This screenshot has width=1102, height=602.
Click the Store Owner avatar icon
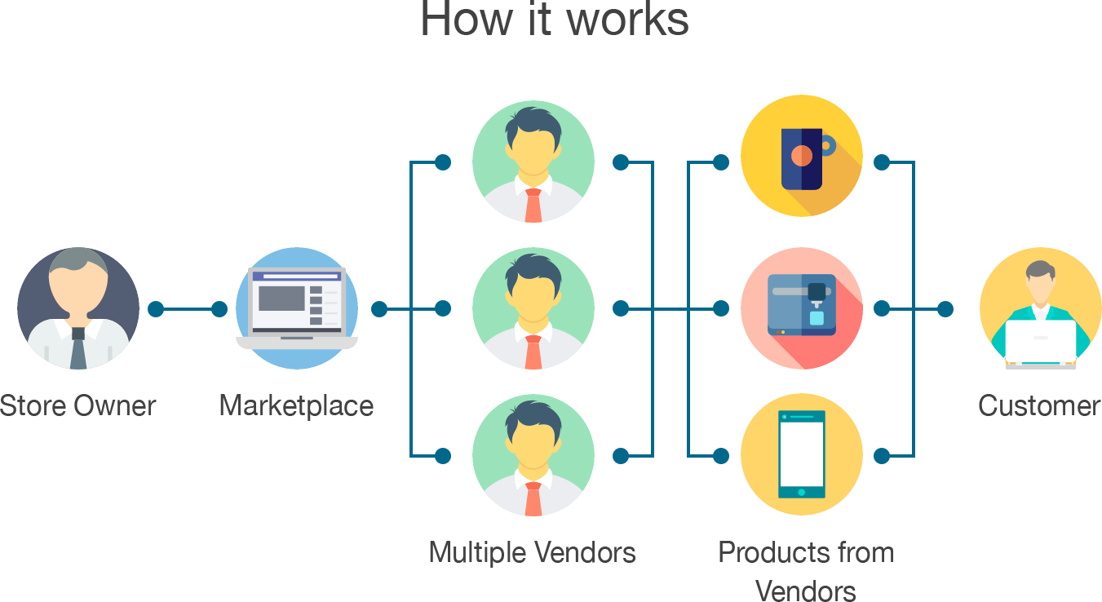tap(78, 308)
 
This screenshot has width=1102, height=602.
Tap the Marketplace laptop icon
tap(297, 308)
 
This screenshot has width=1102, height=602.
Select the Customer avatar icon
tap(1040, 308)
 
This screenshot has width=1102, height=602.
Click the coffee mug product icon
tap(802, 156)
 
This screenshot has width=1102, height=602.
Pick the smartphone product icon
tap(802, 454)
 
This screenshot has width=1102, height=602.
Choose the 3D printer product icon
tap(802, 308)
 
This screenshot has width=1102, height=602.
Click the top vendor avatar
tap(533, 162)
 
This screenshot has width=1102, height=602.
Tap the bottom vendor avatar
tap(533, 454)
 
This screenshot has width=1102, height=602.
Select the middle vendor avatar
tap(533, 308)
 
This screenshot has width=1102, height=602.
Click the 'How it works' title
tap(555, 20)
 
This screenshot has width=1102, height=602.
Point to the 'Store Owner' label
tap(78, 405)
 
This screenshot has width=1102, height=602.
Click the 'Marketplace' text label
tap(297, 405)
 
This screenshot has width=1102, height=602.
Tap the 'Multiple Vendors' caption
tap(532, 552)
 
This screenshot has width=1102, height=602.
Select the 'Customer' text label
tap(1039, 405)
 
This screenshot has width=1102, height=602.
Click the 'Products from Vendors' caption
tap(806, 570)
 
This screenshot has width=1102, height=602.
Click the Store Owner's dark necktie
tap(78, 348)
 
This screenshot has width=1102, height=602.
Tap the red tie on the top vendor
tap(533, 206)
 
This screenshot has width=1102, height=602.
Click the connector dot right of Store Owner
tap(156, 309)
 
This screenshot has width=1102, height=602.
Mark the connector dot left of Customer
tap(945, 309)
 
